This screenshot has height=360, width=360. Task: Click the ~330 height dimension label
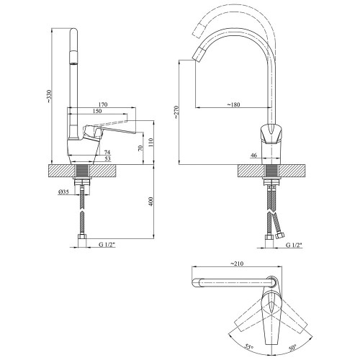click(x=49, y=96)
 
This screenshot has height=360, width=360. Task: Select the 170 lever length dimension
click(x=103, y=104)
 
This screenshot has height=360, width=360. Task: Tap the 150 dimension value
click(x=97, y=111)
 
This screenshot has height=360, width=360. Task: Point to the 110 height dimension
click(x=150, y=143)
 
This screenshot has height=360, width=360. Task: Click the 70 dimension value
click(x=140, y=148)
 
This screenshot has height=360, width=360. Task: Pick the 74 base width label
click(x=107, y=152)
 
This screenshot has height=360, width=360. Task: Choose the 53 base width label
click(x=107, y=158)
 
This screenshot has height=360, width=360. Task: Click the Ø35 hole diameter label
click(x=63, y=192)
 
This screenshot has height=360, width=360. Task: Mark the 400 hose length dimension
click(x=150, y=202)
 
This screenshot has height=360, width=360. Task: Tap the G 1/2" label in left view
click(x=107, y=245)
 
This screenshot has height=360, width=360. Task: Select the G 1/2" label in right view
click(x=294, y=245)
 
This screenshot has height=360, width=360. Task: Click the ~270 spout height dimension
click(x=176, y=112)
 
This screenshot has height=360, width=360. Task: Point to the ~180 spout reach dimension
click(x=233, y=104)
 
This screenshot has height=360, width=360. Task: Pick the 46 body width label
click(x=253, y=156)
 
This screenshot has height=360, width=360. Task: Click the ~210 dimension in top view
click(x=237, y=264)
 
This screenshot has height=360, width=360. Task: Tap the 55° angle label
click(x=249, y=347)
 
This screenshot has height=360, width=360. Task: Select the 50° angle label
click(x=292, y=347)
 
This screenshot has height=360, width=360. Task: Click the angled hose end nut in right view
click(x=280, y=235)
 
